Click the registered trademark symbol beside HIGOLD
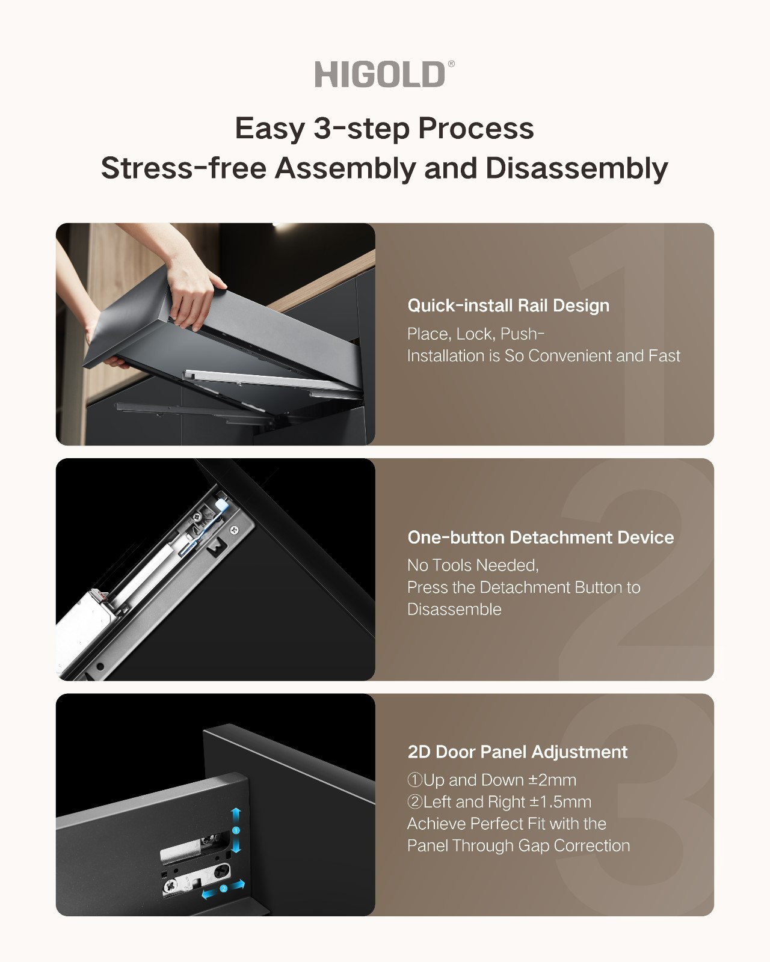(x=451, y=64)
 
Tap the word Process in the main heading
(x=476, y=129)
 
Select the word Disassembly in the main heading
(x=577, y=169)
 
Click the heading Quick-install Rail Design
(x=508, y=306)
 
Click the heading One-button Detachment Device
(x=540, y=538)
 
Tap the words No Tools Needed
(x=473, y=566)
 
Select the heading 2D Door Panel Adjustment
(x=517, y=752)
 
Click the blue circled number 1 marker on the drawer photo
(x=236, y=830)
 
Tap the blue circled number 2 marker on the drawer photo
(x=223, y=889)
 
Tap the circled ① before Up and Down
(x=414, y=780)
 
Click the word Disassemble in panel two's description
(x=454, y=610)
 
